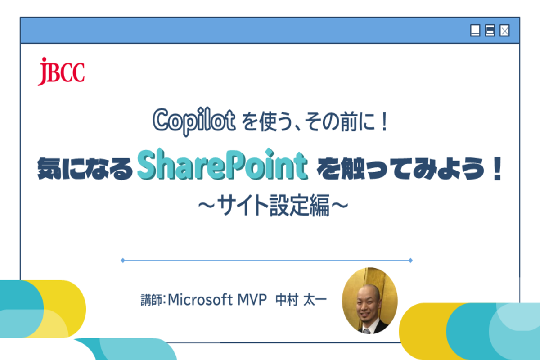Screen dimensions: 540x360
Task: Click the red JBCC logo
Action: pos(61,72)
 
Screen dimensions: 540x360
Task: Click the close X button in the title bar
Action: pos(504,31)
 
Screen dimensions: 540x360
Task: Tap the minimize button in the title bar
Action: pos(475,31)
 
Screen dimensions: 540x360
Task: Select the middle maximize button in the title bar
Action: pos(490,31)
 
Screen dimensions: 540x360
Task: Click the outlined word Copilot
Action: pos(194,121)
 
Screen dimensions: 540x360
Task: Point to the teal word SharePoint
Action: pos(222,164)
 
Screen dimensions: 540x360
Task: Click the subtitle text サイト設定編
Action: pos(274,205)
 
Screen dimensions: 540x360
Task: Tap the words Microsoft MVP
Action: pos(217,300)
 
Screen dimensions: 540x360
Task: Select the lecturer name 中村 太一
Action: pos(301,300)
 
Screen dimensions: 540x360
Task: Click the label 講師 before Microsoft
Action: pos(151,300)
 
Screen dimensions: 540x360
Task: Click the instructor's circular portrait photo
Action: pos(370,301)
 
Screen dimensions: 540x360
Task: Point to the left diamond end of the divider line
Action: pos(123,260)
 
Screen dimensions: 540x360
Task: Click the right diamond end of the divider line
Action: pos(410,260)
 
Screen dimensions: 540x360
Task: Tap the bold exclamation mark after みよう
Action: pos(497,168)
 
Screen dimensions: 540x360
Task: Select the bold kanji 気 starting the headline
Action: pos(49,168)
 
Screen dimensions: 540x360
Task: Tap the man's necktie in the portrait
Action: pos(367,331)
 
